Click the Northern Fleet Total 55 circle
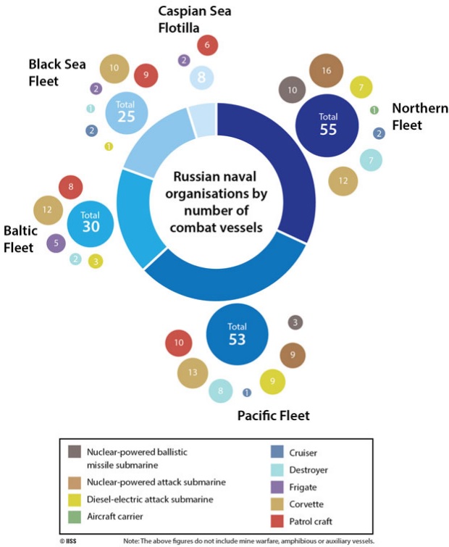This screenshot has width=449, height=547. (x=327, y=125)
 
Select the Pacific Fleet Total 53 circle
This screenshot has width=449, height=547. (x=237, y=334)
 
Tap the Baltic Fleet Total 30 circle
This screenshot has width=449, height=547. (x=91, y=224)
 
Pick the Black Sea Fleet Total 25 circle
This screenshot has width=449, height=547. (x=127, y=113)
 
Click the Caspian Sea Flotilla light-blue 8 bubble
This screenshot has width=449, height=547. (x=201, y=78)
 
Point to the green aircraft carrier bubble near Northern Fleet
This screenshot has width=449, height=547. (x=374, y=110)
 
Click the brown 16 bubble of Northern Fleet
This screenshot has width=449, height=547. (x=327, y=70)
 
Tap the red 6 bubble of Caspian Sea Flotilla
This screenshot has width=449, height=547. (x=207, y=45)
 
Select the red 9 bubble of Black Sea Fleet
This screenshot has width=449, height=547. (x=146, y=75)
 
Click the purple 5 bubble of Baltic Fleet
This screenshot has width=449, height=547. (x=56, y=243)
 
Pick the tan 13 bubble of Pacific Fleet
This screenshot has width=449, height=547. (x=193, y=373)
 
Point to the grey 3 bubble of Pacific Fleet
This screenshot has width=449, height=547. (x=295, y=322)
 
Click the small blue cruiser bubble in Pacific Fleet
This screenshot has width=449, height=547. (x=247, y=393)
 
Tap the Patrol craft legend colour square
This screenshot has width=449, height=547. (x=277, y=521)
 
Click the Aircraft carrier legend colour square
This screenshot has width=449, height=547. (x=75, y=517)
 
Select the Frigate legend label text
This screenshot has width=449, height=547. (x=303, y=488)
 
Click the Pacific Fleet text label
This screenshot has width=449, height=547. (x=273, y=415)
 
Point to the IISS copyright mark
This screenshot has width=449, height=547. (x=68, y=541)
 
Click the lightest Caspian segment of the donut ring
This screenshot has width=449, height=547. (x=202, y=120)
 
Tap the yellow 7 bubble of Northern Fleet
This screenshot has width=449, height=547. (x=361, y=87)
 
